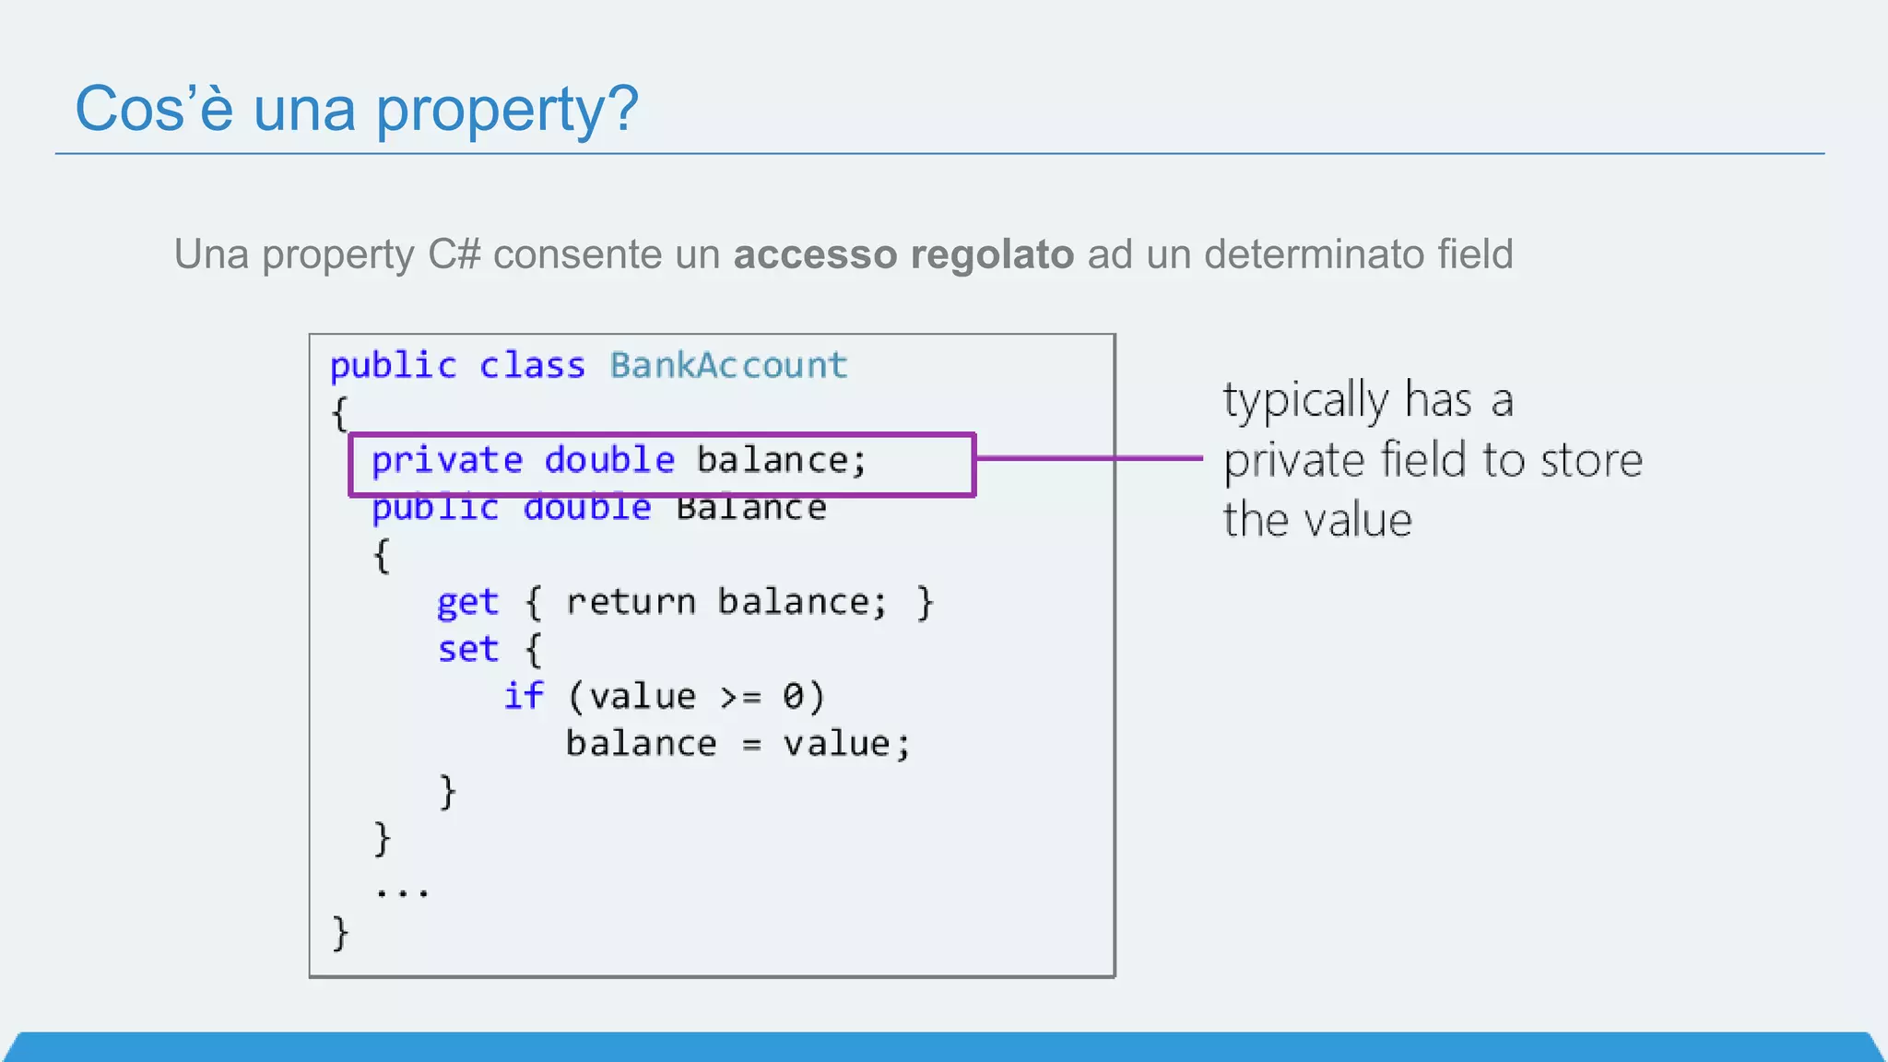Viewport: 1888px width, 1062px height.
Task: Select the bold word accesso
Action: click(815, 254)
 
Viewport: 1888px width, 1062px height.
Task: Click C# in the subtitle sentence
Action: click(454, 254)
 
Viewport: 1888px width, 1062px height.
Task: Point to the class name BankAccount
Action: click(728, 366)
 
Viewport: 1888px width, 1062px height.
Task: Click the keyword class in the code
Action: click(532, 366)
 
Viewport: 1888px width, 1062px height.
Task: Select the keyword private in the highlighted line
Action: click(447, 460)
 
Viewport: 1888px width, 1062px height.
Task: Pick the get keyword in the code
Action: click(467, 603)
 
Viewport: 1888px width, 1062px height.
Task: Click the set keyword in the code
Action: click(467, 649)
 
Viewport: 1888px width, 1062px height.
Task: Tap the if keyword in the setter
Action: click(523, 696)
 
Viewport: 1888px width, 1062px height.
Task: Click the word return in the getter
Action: click(631, 602)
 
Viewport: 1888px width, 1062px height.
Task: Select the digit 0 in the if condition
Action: click(793, 696)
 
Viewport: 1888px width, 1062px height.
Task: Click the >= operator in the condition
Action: click(741, 697)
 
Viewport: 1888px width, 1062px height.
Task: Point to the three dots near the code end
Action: click(402, 891)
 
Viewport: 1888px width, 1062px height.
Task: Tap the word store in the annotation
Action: click(1591, 460)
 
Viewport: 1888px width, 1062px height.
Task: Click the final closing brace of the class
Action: click(340, 933)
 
